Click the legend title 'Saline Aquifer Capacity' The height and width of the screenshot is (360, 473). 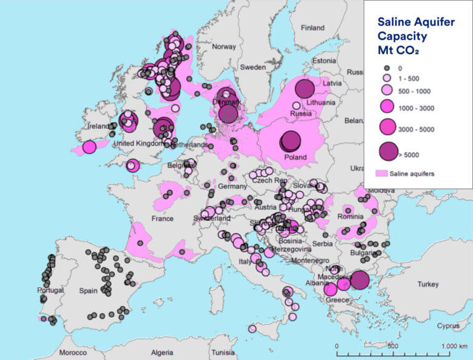[416, 29]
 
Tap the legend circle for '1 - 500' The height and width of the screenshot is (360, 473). [388, 79]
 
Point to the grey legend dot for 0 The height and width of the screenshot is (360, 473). [388, 68]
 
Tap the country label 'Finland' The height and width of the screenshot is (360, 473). [312, 28]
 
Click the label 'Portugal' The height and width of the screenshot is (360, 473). [51, 290]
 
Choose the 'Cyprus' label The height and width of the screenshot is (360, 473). [448, 325]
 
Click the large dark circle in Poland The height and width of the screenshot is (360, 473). [290, 141]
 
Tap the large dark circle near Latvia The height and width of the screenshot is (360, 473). [305, 89]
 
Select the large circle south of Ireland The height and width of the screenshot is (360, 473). [89, 147]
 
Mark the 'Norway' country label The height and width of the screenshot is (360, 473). [224, 47]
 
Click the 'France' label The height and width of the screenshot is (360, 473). [163, 219]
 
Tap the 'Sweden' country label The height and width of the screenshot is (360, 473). [253, 67]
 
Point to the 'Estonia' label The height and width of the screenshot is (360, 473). [324, 60]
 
